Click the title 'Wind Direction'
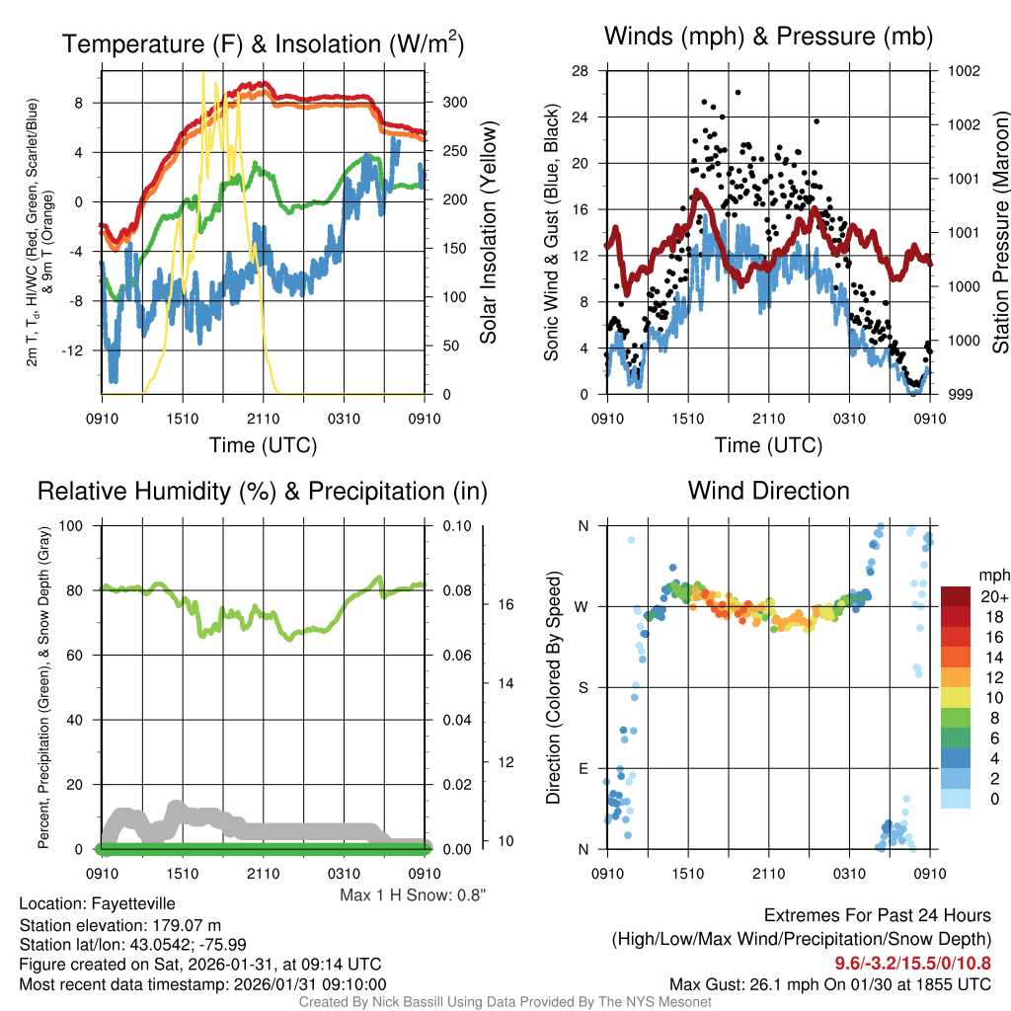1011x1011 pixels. pos(768,491)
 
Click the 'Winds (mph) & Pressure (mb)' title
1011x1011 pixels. pos(768,37)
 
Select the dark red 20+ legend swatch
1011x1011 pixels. pos(957,596)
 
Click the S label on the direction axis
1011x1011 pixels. pos(583,688)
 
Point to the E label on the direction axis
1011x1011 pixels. pos(583,768)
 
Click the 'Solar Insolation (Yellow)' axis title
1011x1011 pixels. pos(488,233)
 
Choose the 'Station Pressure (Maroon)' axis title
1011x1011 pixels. pos(998,233)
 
